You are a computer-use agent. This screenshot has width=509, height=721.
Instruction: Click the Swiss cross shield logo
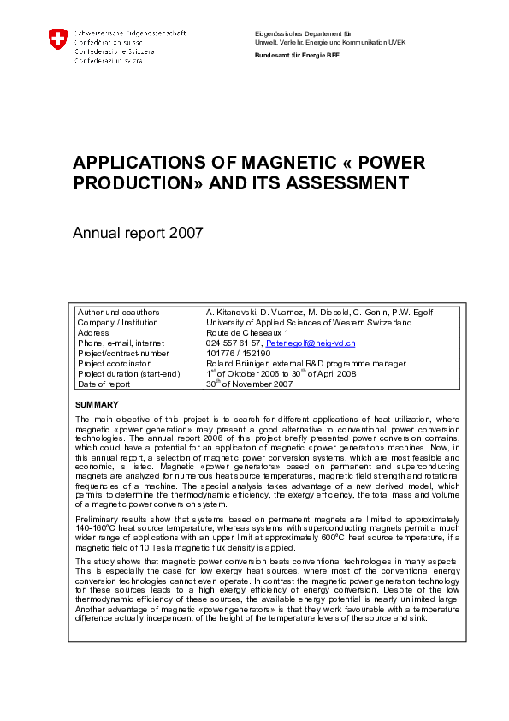tap(58, 39)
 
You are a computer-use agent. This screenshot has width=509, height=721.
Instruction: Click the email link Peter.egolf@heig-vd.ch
tap(311, 343)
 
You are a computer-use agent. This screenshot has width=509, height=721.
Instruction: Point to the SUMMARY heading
tap(98, 404)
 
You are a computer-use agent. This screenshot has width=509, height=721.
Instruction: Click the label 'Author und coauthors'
tap(119, 312)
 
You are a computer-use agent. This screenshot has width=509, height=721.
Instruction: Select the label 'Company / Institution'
tap(118, 322)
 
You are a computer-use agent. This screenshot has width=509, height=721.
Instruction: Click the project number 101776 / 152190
tap(239, 353)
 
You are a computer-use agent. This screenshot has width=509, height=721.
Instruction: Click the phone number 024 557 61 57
tap(234, 343)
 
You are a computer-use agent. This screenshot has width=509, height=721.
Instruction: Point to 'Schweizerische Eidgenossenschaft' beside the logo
tap(130, 33)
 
